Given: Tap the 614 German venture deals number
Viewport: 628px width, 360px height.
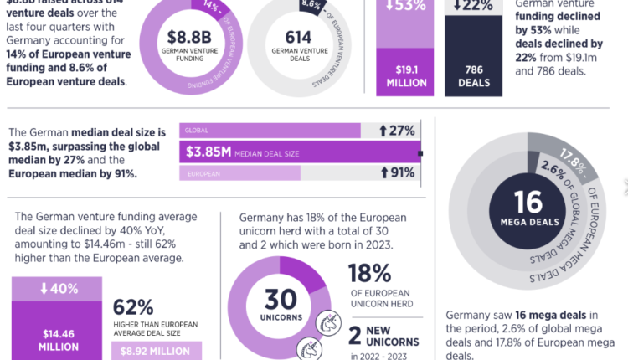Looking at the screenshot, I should coord(298,37).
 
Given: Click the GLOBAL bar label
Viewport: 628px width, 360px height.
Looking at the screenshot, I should coord(198,131).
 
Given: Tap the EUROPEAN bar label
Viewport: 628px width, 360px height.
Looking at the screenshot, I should coord(203,173).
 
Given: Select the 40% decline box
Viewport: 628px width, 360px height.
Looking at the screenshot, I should coord(57,289).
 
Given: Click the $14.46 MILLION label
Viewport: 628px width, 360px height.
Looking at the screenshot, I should coord(57,338).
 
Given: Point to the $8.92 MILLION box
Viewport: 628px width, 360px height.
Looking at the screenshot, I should coord(156,352).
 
